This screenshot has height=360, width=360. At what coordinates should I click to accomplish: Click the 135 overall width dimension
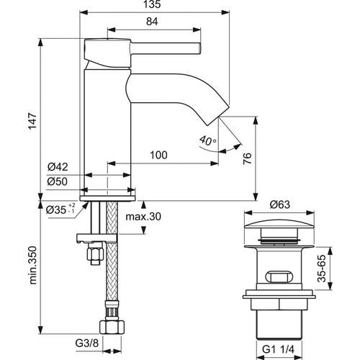[x=153, y=4]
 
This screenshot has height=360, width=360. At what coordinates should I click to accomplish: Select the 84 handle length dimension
[x=152, y=22]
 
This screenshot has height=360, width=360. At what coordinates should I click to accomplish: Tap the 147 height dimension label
[x=33, y=121]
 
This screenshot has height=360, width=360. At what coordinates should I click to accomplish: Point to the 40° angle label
[x=207, y=140]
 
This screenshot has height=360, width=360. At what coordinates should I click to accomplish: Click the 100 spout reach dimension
[x=158, y=156]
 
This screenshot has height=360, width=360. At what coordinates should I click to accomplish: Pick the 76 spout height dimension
[x=247, y=158]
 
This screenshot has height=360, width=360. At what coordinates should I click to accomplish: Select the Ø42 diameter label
[x=58, y=166]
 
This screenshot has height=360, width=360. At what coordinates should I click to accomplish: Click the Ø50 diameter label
[x=58, y=181]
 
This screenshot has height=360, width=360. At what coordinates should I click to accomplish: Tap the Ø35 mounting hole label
[x=60, y=210]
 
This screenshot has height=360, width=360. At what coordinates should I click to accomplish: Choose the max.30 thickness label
[x=143, y=217]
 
